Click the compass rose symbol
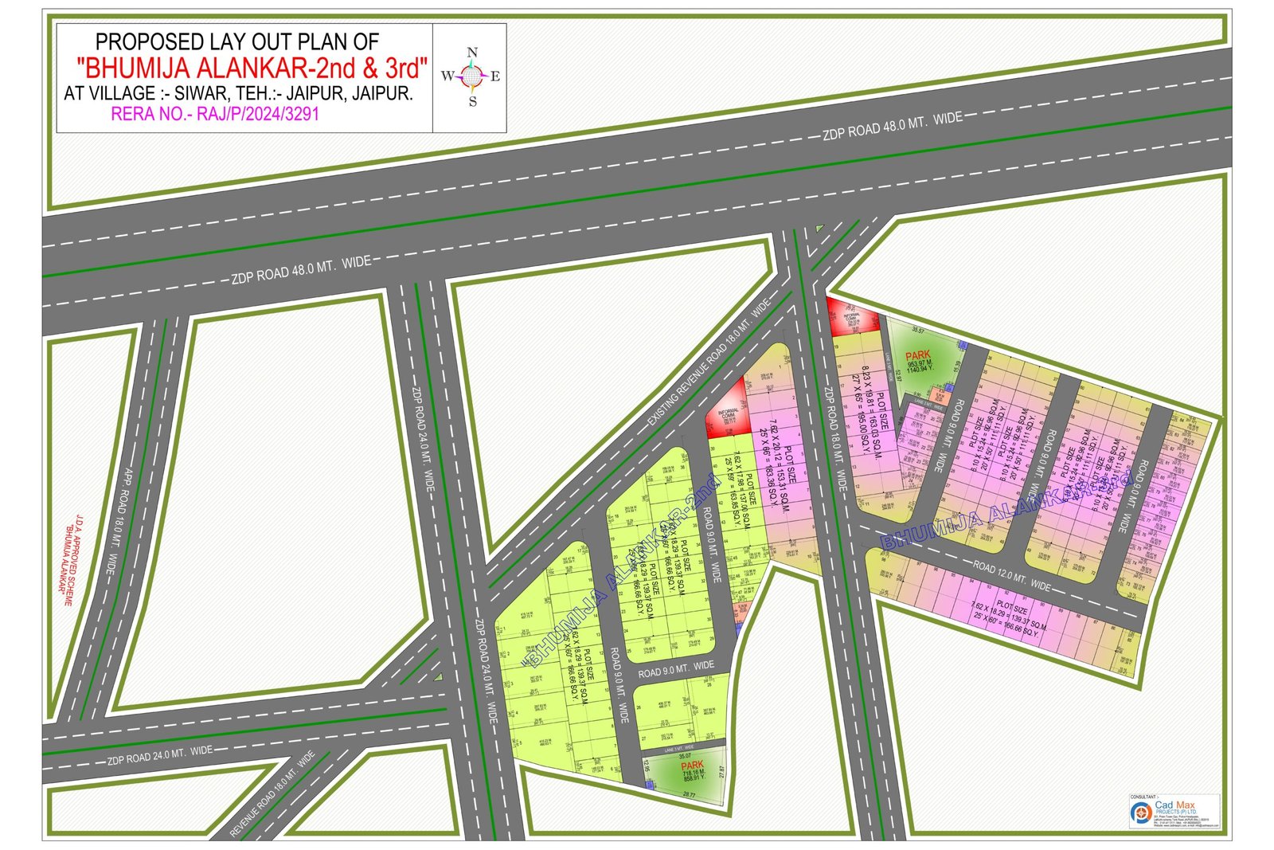pos(472,76)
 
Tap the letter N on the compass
pos(472,53)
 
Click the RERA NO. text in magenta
pos(215,114)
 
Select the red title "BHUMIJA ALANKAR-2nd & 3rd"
pos(252,66)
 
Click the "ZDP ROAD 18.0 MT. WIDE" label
pos(834,439)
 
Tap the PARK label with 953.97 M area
pos(917,354)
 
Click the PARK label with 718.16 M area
pos(692,765)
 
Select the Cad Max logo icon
pos(1139,813)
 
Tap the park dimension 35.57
pos(917,330)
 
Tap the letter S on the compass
pos(472,102)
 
